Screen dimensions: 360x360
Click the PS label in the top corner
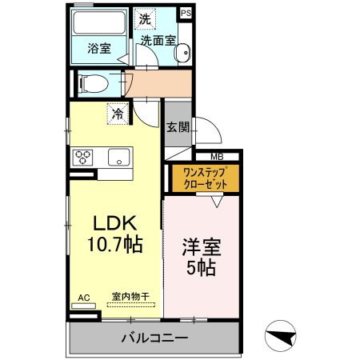[186, 14]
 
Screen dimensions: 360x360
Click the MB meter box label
[216, 157]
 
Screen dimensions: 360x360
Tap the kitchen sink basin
[118, 157]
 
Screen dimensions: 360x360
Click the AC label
[83, 298]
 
